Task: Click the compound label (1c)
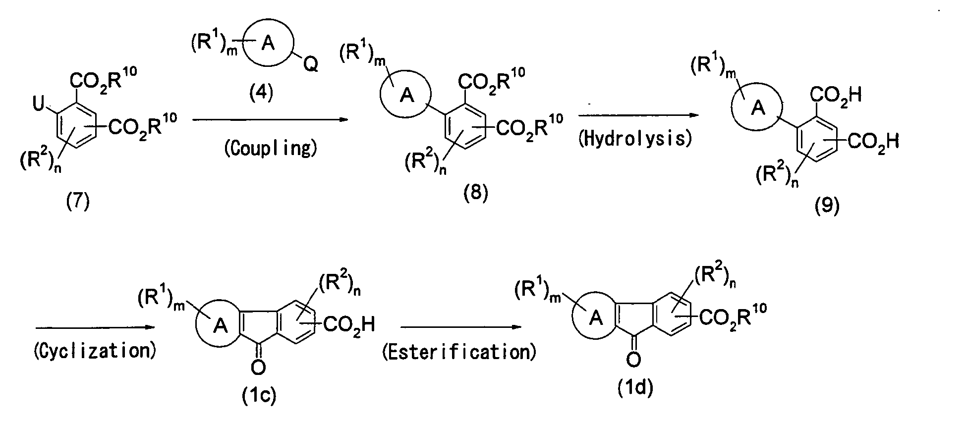point(258,395)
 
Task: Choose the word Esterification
point(459,352)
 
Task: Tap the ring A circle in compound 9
point(733,107)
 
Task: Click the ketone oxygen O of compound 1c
point(259,367)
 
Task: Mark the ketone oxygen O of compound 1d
point(633,359)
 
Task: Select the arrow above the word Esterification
point(461,327)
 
